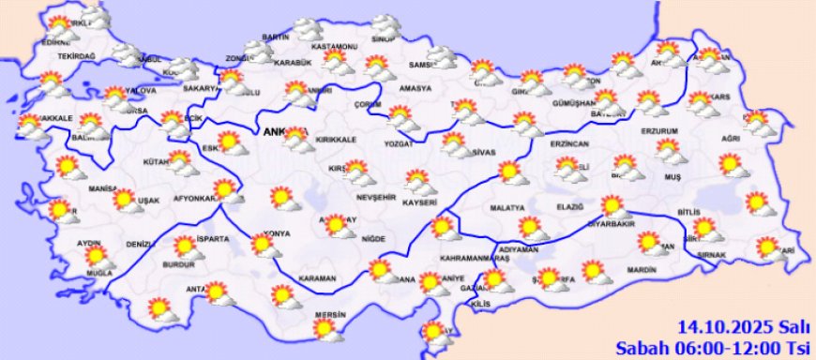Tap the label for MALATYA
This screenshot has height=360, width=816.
pos(507,207)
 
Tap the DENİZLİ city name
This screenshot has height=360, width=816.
pos(140,244)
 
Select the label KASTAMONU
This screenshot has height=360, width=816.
pos(336,46)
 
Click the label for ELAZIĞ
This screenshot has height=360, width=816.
pos(568,207)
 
